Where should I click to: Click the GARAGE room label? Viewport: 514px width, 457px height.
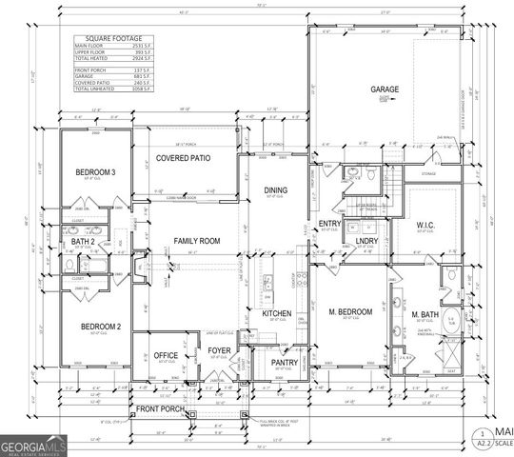coord(385,89)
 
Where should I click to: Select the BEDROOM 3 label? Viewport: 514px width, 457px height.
coord(95,171)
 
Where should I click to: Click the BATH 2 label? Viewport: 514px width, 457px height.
coord(83,243)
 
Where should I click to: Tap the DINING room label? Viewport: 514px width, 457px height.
coord(275,190)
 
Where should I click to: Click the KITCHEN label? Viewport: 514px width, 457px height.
coord(276,313)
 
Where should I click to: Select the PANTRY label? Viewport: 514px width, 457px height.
coord(284,362)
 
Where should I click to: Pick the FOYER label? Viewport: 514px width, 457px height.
coord(221,351)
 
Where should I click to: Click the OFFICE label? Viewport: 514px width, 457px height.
coord(167,355)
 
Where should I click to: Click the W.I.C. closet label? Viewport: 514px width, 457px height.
coord(424,226)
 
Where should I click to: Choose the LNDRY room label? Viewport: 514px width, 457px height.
coord(367,242)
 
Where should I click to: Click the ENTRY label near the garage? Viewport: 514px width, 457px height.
coord(329,224)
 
